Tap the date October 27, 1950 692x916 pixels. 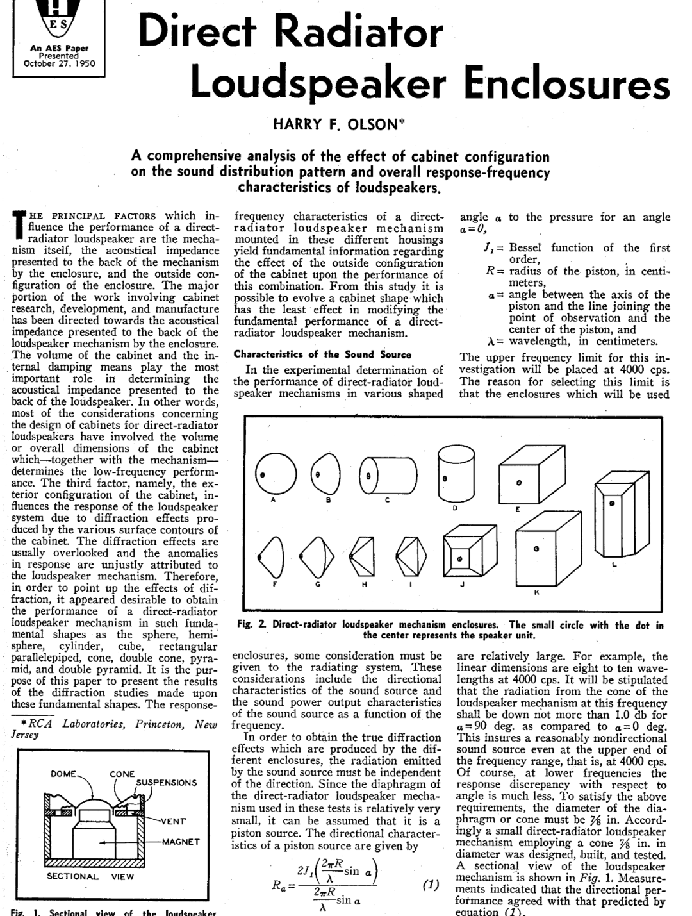58,63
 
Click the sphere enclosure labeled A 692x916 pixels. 274,475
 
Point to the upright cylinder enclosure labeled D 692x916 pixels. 456,476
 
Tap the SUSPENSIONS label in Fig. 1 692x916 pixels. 166,783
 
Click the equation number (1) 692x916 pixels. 431,885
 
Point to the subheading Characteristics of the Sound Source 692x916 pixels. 322,354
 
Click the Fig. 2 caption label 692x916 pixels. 255,625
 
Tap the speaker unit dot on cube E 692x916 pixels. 519,481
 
